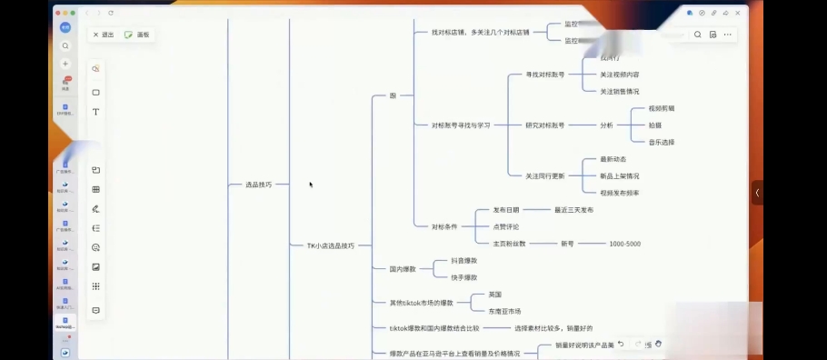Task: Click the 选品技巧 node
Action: [258, 184]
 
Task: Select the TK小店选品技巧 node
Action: [330, 245]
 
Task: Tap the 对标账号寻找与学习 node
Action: [461, 125]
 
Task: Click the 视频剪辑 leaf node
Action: [661, 108]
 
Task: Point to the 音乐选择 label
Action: [661, 142]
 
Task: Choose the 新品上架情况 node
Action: [619, 175]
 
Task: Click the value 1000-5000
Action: [624, 244]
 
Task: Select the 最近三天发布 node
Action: [573, 209]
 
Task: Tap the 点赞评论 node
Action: [505, 226]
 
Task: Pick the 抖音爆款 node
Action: [464, 261]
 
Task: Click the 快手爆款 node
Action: [464, 277]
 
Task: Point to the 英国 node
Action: [494, 295]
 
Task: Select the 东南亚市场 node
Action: [504, 311]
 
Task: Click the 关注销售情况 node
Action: [619, 91]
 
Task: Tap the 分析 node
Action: [606, 125]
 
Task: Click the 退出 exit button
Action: [104, 35]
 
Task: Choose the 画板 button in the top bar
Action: [139, 35]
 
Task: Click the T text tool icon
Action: [95, 112]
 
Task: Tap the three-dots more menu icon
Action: [727, 35]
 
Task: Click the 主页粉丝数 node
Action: [509, 244]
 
